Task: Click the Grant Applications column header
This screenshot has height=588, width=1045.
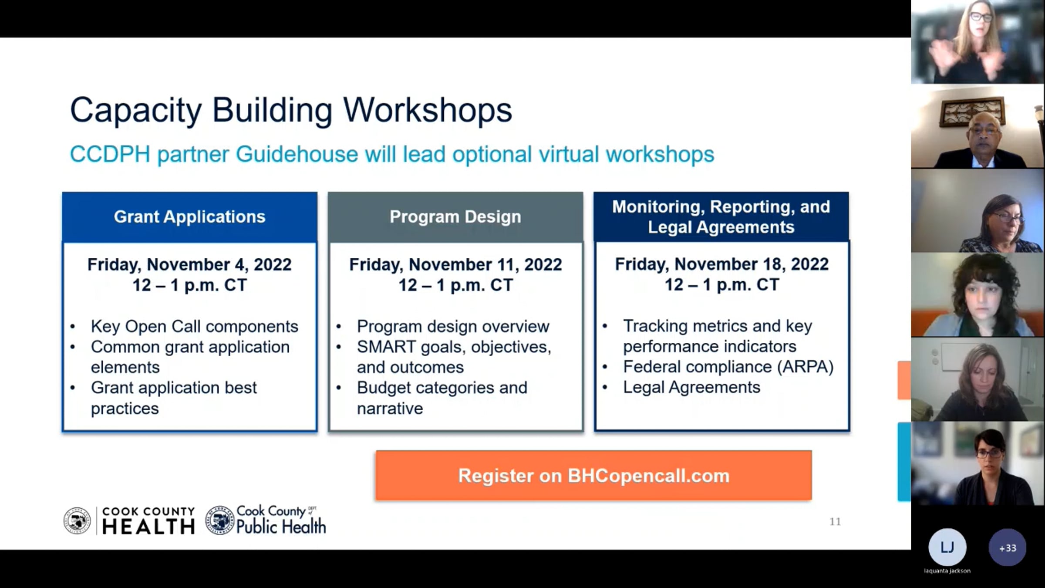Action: (x=189, y=217)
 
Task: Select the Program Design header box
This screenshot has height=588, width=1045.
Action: (x=455, y=217)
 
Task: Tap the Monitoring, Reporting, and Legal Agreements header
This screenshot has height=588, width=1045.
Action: (x=721, y=216)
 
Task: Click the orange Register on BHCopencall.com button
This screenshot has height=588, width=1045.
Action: (x=593, y=475)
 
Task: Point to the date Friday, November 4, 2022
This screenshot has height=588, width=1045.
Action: (x=189, y=264)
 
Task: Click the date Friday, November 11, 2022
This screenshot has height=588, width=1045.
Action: (x=455, y=264)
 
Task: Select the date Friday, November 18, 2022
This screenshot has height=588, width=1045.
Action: (x=721, y=264)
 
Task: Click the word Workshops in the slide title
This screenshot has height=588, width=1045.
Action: (x=428, y=110)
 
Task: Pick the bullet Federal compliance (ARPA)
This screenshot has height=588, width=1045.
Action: (x=728, y=367)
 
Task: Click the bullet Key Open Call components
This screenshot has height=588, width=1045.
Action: (x=195, y=326)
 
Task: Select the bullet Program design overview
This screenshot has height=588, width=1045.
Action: (x=453, y=326)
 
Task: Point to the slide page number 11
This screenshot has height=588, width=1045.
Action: (x=835, y=521)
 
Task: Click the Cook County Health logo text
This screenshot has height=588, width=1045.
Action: (x=148, y=520)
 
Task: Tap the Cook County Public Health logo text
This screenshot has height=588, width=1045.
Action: (x=281, y=520)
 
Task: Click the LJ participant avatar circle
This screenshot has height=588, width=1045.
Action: (x=947, y=547)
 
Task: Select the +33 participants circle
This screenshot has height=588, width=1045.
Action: (x=1008, y=547)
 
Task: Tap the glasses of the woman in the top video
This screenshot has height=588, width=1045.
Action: (x=981, y=17)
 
